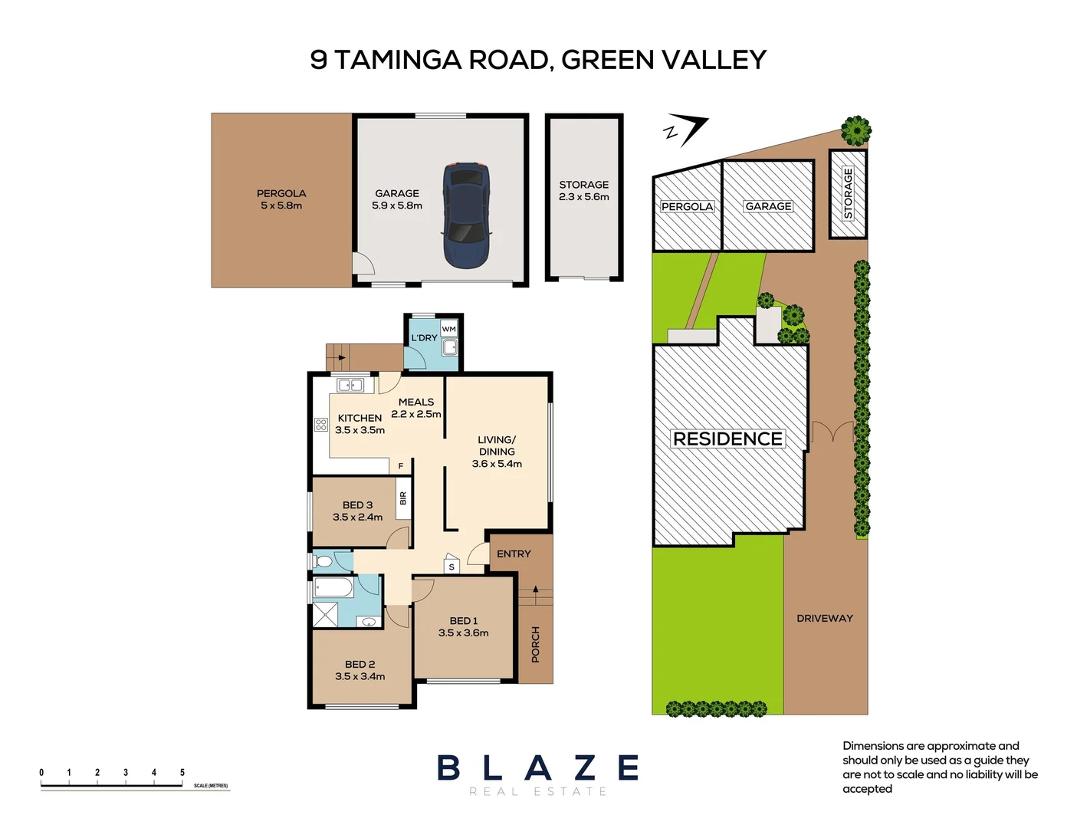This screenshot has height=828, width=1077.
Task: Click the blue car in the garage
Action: click(466, 215)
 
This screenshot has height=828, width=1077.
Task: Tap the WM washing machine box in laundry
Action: click(448, 329)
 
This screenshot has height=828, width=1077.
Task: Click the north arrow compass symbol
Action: click(687, 130)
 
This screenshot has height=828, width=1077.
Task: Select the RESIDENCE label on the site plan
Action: click(727, 439)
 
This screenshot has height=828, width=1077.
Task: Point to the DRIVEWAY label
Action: click(824, 618)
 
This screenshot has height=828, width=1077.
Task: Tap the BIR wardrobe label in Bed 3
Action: click(402, 499)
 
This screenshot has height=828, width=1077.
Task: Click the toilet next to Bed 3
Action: click(323, 562)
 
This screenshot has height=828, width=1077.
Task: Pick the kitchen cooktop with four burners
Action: click(320, 424)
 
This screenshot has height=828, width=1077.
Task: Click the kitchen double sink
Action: click(350, 385)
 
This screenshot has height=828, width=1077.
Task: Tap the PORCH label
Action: click(535, 644)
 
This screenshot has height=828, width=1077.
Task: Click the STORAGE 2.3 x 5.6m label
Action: click(583, 191)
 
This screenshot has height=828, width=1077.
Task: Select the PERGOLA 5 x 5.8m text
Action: click(281, 199)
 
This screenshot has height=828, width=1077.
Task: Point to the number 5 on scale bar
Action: click(182, 772)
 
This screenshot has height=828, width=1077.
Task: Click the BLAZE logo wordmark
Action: click(538, 767)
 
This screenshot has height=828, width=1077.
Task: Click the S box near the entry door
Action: click(451, 567)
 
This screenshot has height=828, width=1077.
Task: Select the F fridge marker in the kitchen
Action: click(400, 466)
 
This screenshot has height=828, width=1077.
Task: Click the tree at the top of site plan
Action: click(855, 130)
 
